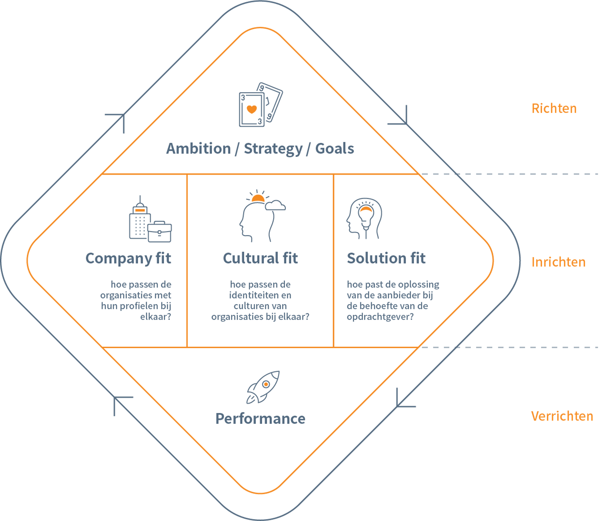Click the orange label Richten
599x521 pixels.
coord(554,109)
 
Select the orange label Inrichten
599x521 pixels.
coord(558,262)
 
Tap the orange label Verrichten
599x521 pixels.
coord(562,416)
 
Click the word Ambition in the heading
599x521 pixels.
coord(198,148)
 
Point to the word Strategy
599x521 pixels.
coord(273,149)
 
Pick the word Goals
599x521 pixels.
coord(334,148)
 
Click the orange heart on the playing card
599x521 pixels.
coord(252,109)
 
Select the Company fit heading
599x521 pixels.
coord(128,259)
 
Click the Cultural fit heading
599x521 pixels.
coord(260,258)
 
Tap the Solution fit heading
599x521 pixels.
coord(386,258)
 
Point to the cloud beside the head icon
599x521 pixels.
coord(276,206)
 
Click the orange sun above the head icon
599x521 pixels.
coord(258,199)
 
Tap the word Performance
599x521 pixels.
coord(260,419)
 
